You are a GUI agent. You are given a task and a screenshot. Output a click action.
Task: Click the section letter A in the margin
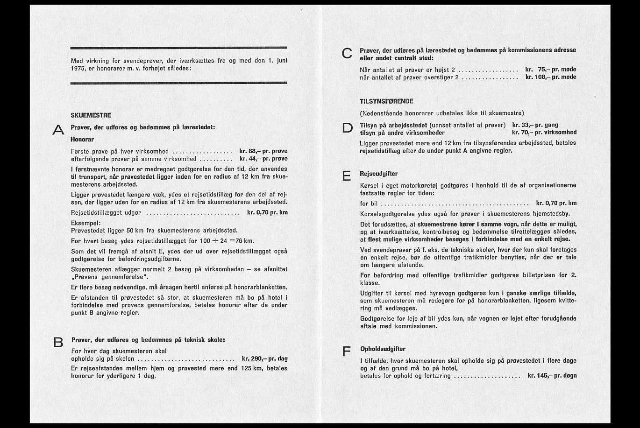(58, 130)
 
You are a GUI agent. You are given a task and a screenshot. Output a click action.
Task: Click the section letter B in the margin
(58, 343)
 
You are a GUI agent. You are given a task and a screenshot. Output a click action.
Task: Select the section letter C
(347, 54)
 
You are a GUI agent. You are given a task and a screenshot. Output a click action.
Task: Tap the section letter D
(348, 128)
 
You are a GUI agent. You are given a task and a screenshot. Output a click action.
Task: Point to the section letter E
(347, 176)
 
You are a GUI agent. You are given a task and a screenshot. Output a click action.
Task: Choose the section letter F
(347, 351)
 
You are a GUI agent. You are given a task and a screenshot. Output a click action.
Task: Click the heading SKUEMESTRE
(91, 115)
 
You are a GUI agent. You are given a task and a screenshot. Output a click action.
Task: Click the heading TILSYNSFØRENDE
(387, 101)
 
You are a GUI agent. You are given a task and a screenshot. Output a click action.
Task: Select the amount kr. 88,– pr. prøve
(263, 151)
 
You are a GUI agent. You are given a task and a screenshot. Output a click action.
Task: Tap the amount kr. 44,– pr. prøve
(263, 159)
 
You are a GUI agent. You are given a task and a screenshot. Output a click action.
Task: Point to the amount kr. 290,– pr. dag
(265, 359)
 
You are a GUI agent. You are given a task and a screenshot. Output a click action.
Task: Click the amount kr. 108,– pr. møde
(551, 77)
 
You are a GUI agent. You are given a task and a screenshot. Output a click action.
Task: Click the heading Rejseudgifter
(379, 174)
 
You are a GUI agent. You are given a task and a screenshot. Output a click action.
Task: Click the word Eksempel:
(86, 223)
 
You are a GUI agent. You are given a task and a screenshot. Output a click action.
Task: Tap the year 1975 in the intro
(79, 68)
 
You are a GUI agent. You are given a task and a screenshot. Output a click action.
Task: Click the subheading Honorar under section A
(82, 139)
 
